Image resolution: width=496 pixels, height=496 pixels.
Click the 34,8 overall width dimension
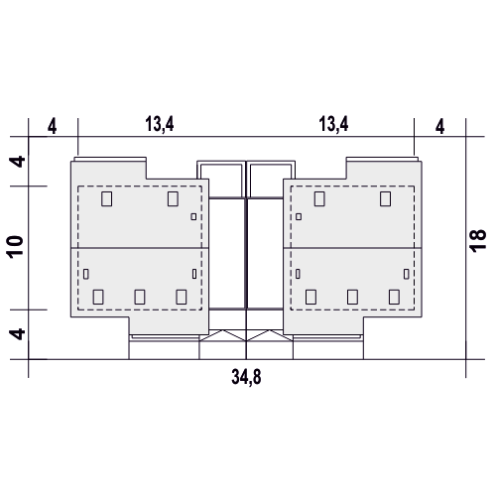coord(246,377)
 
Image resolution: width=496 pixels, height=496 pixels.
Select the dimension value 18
coord(478,241)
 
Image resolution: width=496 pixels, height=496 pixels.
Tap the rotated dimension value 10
coord(15,247)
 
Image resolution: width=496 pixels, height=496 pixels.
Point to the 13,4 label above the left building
coord(160,124)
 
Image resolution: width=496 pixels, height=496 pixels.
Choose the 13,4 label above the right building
coord(333,124)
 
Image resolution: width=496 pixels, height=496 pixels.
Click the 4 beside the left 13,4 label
coord(52,127)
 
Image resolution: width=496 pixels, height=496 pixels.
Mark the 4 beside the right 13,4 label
coord(439,127)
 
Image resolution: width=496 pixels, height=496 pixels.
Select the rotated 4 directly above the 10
coord(17,162)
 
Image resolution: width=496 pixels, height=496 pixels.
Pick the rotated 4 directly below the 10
coord(17,334)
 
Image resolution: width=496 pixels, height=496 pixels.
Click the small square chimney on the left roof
coord(193,216)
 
